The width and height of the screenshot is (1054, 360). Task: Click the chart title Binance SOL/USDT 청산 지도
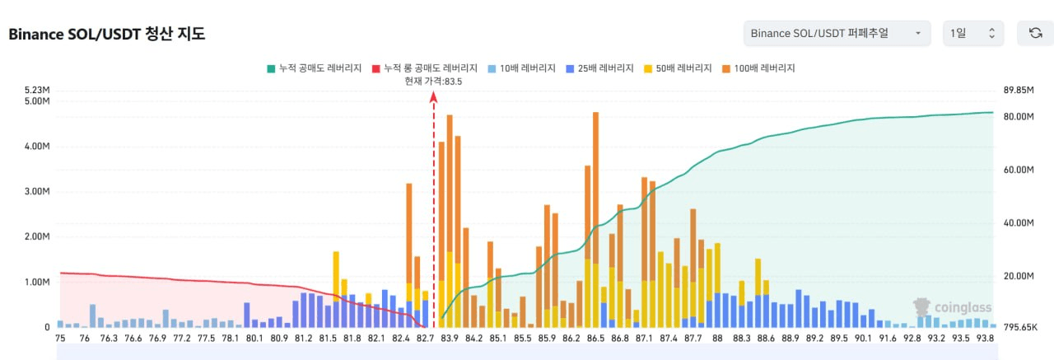click(x=106, y=34)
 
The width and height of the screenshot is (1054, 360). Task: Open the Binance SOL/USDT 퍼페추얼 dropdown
click(x=837, y=33)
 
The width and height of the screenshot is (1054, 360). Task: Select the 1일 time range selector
click(x=972, y=33)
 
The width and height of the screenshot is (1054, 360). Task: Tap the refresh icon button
click(x=1035, y=33)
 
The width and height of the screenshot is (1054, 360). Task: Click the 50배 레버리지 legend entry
click(x=677, y=68)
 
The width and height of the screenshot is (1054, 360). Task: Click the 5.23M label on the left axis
click(x=38, y=91)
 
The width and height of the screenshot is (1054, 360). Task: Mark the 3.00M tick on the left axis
click(x=38, y=191)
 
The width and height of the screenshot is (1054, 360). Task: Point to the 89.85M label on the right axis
click(x=1019, y=91)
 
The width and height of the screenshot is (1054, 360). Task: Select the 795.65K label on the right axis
click(x=1021, y=328)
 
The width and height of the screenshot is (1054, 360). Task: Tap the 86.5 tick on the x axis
click(x=595, y=338)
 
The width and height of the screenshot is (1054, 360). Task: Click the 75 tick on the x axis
click(x=60, y=338)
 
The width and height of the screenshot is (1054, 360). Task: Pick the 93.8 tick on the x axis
click(x=984, y=338)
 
